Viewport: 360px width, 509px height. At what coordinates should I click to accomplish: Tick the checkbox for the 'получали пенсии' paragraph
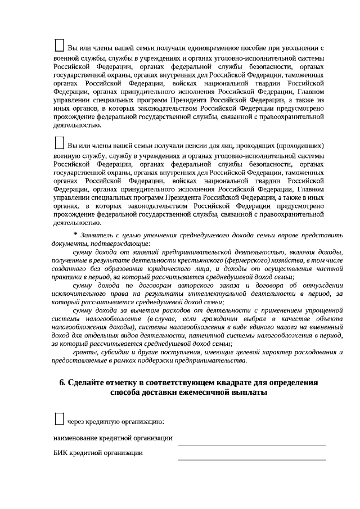58,141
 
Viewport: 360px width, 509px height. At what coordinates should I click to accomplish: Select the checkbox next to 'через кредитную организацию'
58,418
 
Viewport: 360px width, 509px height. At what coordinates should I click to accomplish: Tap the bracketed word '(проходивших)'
304,145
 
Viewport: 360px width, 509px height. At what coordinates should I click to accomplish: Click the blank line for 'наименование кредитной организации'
251,444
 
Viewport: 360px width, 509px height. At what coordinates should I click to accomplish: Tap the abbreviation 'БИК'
60,453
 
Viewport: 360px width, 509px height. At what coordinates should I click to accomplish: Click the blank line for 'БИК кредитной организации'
251,458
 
